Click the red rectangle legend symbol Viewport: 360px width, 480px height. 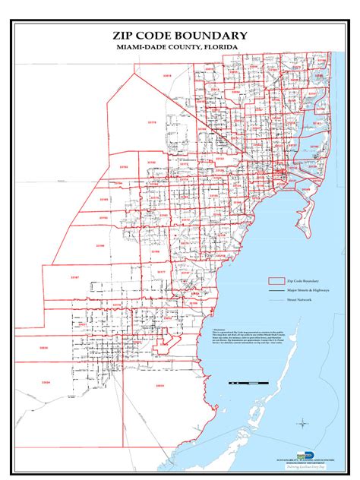click(274, 281)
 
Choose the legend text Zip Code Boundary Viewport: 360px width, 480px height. click(303, 281)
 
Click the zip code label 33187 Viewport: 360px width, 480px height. click(74, 278)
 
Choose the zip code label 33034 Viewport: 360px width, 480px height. click(47, 383)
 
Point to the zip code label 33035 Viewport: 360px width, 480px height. click(159, 385)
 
